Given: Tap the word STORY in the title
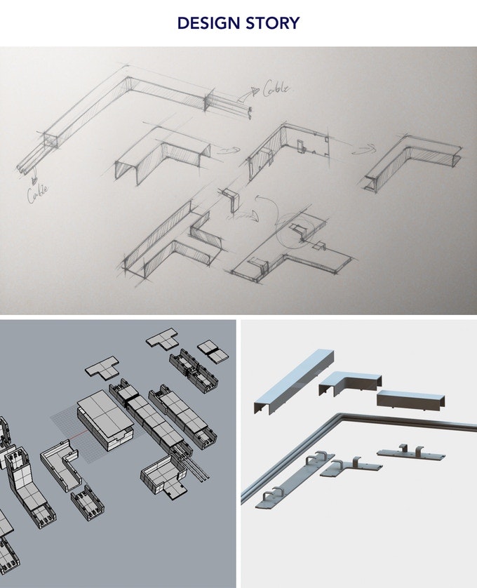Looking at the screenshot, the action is pyautogui.click(x=273, y=23).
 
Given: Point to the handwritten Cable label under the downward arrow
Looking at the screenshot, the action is pyautogui.click(x=37, y=193).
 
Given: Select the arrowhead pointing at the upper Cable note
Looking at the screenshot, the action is pyautogui.click(x=256, y=91).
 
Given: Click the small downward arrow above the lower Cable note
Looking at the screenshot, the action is pyautogui.click(x=34, y=176).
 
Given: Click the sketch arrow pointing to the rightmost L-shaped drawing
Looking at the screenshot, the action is pyautogui.click(x=364, y=149).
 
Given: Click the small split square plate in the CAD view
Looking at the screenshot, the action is pyautogui.click(x=213, y=351).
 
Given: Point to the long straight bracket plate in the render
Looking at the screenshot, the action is pyautogui.click(x=295, y=480).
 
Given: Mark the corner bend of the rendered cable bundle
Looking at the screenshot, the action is pyautogui.click(x=340, y=416).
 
